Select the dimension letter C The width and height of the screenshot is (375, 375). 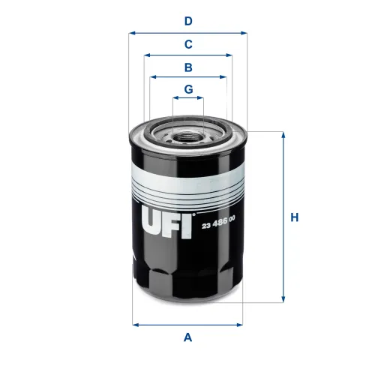188,44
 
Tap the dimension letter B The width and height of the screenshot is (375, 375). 188,67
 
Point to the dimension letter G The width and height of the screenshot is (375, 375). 188,89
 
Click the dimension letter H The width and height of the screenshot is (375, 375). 295,217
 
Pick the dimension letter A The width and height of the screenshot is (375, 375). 188,337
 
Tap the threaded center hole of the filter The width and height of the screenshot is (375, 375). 188,137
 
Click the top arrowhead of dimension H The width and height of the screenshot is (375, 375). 283,135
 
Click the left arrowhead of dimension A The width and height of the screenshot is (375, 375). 135,325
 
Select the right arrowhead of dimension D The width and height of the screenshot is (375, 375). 243,33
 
